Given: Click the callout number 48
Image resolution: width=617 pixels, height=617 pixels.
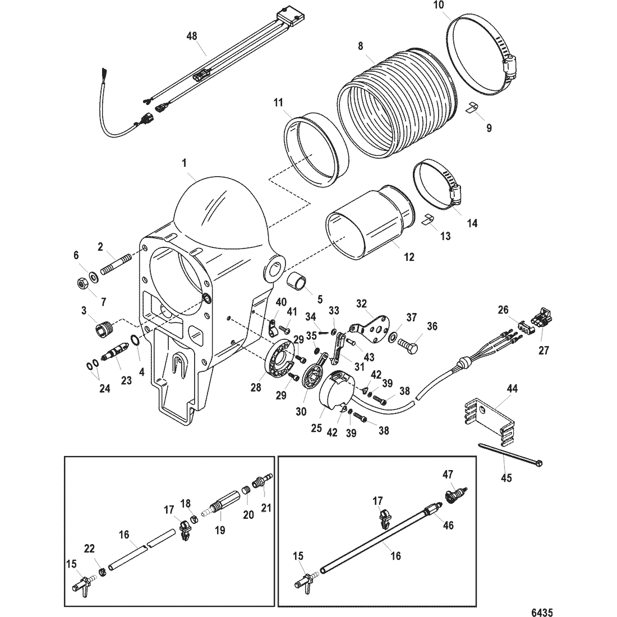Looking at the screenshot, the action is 192,36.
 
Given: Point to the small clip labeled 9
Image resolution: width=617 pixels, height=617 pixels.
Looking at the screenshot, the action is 472,108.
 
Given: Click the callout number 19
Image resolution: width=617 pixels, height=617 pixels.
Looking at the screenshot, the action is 220,530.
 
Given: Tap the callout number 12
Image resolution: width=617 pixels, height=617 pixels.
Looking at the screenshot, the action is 409,257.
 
